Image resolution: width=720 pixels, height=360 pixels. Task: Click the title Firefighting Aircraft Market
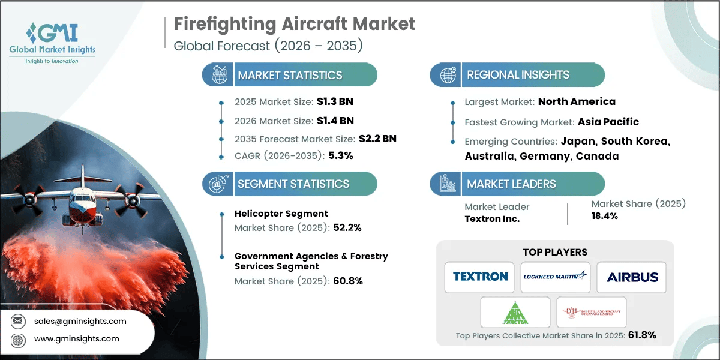point(295,24)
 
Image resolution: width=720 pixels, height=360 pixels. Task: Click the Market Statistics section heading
point(290,75)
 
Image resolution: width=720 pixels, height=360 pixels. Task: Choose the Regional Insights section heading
point(518,75)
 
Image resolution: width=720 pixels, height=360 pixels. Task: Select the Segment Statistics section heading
point(293,184)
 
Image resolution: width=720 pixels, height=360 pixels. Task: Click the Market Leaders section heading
point(512,184)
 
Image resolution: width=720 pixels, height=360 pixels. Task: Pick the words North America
point(577,101)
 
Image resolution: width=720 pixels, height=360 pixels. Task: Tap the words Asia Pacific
point(608,122)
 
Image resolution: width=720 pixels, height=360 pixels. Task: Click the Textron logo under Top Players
point(480,277)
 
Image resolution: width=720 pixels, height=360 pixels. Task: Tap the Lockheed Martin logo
point(555,277)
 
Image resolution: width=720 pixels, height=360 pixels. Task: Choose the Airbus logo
point(632,277)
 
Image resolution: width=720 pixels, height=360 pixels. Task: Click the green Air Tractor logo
point(515,312)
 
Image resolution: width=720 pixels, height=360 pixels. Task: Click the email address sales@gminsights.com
point(80,321)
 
